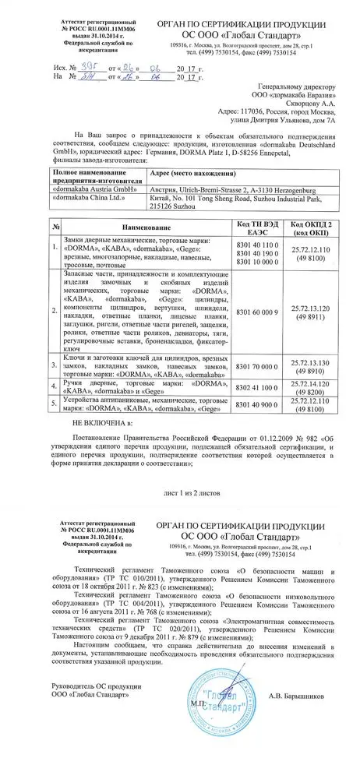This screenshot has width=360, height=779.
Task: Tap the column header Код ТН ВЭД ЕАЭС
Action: [259, 224]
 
